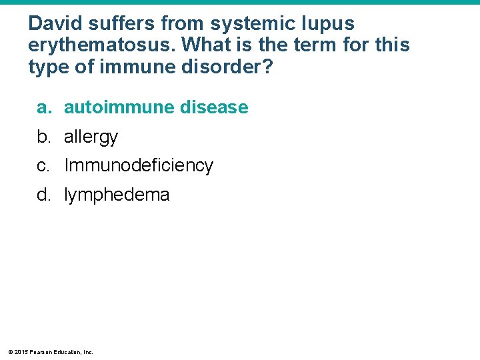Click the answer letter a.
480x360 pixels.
(43, 107)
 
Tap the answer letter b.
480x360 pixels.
(43, 137)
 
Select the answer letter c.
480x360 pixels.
(43, 166)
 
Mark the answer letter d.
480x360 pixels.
(43, 195)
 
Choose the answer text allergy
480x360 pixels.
(91, 137)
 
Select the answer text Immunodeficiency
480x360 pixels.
(138, 166)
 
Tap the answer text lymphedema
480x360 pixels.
(117, 195)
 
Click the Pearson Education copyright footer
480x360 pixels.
(51, 351)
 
